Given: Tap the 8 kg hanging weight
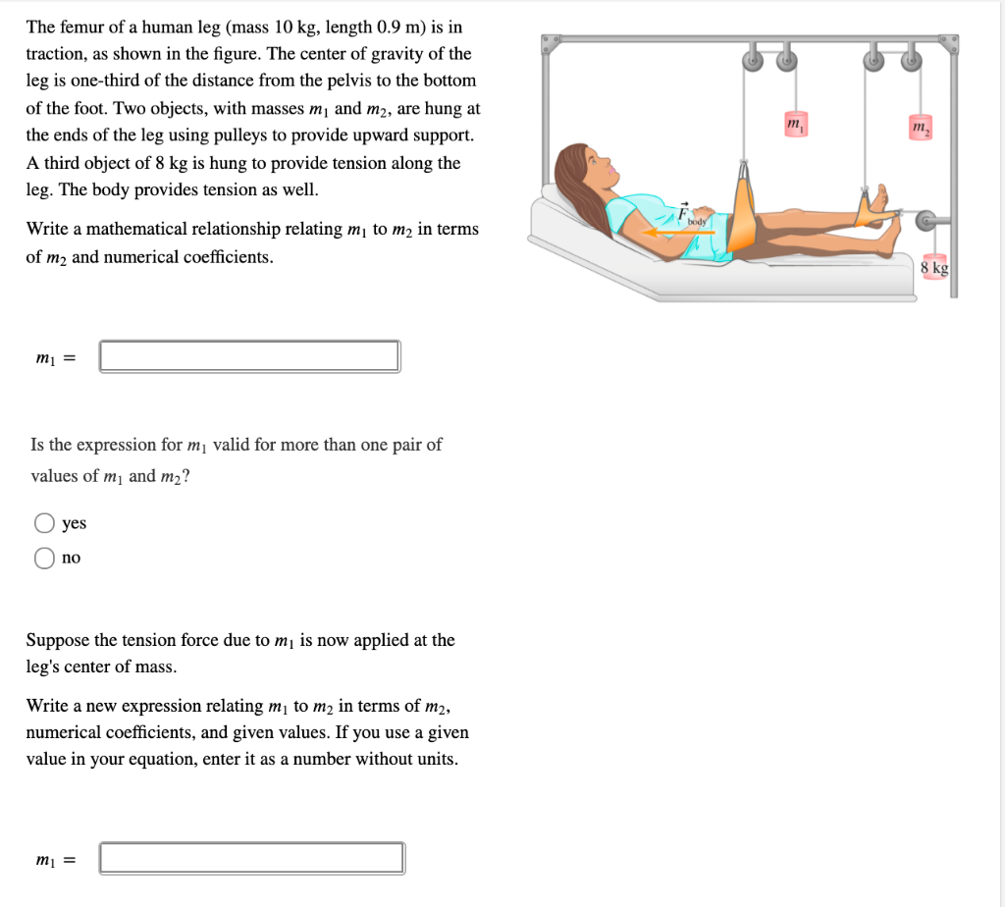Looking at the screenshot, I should tap(934, 266).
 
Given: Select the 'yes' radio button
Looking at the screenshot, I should tap(44, 523).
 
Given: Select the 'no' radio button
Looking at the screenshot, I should tap(44, 558).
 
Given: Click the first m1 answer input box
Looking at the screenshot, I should tap(249, 356).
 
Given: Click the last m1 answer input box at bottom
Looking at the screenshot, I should tap(251, 858).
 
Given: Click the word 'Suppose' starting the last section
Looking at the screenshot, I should tap(58, 640).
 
